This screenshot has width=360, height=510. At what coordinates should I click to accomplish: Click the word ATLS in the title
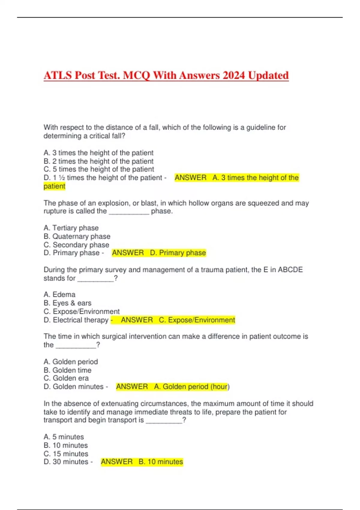click(58, 75)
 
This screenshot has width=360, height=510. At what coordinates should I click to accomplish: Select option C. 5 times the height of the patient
click(99, 169)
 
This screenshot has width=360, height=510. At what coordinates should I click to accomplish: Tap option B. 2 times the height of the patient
click(98, 161)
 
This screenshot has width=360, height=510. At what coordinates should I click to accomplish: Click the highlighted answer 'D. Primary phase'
click(178, 253)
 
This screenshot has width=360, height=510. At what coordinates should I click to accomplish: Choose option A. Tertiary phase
click(71, 228)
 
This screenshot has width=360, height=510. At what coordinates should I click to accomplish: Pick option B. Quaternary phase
click(77, 236)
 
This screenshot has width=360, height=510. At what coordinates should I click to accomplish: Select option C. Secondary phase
click(76, 245)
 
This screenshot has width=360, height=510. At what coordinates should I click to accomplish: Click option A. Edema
click(59, 295)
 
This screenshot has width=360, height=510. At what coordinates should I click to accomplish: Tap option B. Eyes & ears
click(67, 303)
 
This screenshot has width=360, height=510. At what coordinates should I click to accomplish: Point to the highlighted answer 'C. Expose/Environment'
click(197, 320)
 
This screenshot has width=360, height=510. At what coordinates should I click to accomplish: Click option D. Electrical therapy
click(76, 320)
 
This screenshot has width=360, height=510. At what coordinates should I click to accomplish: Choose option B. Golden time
click(67, 370)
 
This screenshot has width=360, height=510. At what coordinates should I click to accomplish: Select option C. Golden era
click(66, 378)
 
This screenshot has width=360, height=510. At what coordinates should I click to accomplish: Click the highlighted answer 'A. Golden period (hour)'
click(192, 387)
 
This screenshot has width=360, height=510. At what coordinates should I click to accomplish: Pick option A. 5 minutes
click(64, 437)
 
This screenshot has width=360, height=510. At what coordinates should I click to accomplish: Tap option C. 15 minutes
click(66, 454)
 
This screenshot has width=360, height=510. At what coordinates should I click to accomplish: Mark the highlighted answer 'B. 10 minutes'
click(161, 462)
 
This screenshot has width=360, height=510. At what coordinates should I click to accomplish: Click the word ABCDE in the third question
click(290, 270)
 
